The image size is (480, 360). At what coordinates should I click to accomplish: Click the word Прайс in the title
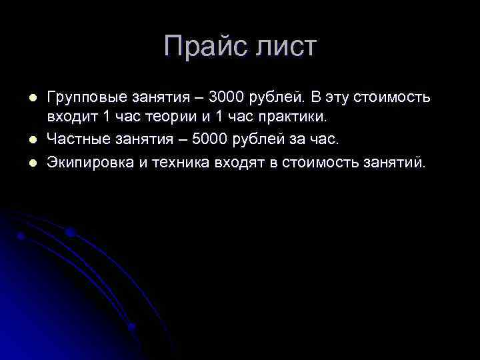tap(203, 47)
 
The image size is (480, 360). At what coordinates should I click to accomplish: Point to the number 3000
tap(227, 97)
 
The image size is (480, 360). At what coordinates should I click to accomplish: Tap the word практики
tap(295, 117)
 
